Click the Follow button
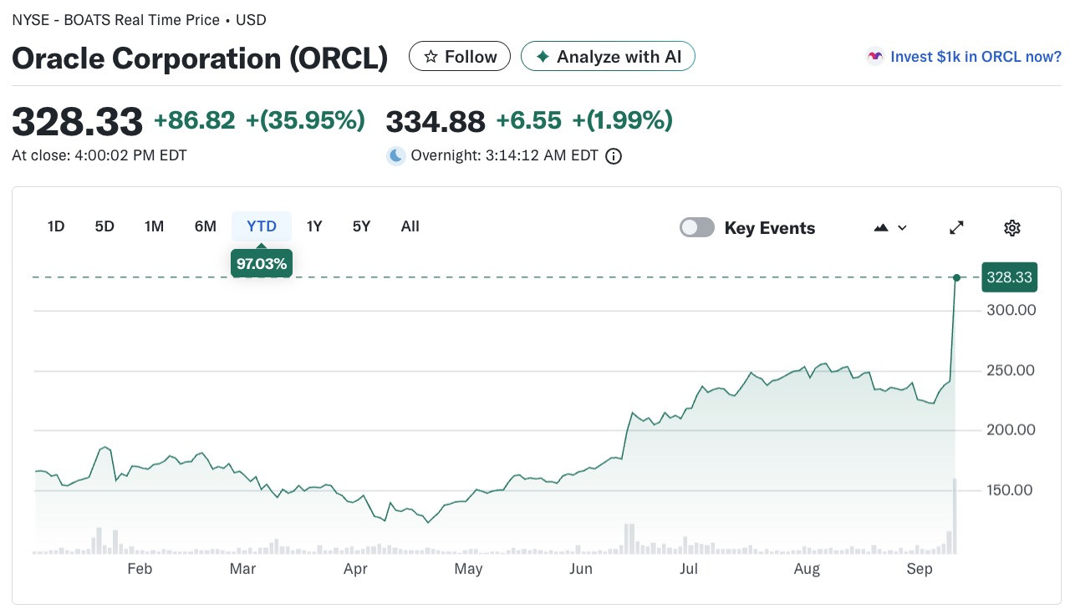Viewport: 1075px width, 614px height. pyautogui.click(x=459, y=56)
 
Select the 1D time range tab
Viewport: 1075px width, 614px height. pyautogui.click(x=56, y=226)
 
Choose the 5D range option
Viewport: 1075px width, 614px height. pyautogui.click(x=104, y=226)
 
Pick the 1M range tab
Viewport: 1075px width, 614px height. pyautogui.click(x=154, y=226)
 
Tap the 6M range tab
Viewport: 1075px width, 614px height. pyautogui.click(x=206, y=226)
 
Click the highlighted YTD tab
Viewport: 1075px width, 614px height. pyautogui.click(x=262, y=226)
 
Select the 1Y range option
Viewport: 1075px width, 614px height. pyautogui.click(x=314, y=226)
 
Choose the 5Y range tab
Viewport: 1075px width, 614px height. pyautogui.click(x=361, y=226)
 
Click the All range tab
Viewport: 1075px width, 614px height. pyautogui.click(x=410, y=226)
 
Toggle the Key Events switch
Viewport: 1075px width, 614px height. pyautogui.click(x=697, y=227)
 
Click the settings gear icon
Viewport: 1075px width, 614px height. pyautogui.click(x=1012, y=228)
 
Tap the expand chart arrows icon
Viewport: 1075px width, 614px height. pyautogui.click(x=956, y=227)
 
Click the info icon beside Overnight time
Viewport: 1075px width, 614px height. pyautogui.click(x=614, y=156)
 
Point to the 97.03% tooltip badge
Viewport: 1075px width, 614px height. pyautogui.click(x=262, y=263)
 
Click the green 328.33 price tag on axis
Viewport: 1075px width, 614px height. pyautogui.click(x=1009, y=277)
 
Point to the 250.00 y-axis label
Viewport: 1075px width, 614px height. pyautogui.click(x=1010, y=370)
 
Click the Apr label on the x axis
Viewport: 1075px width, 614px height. pyautogui.click(x=355, y=569)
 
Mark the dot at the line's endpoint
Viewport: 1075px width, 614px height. pyautogui.click(x=956, y=277)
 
